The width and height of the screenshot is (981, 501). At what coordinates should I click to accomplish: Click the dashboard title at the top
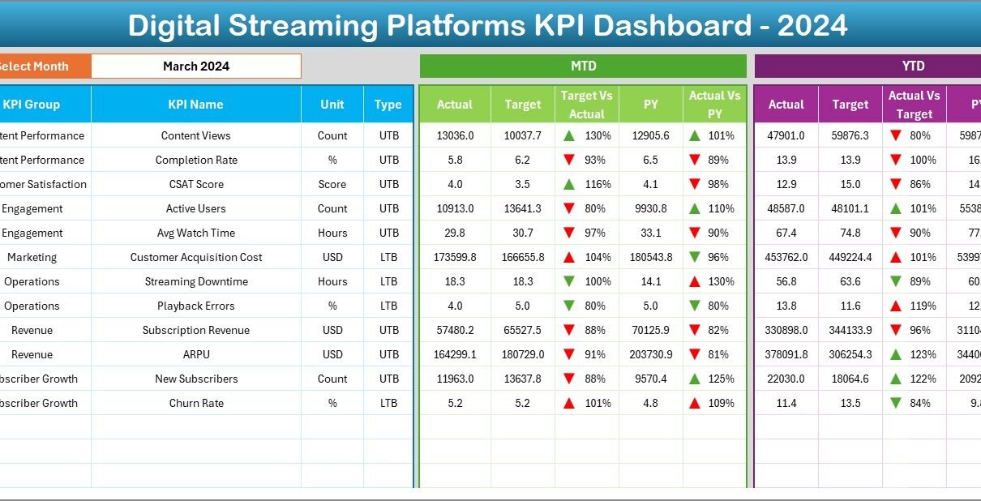pyautogui.click(x=487, y=25)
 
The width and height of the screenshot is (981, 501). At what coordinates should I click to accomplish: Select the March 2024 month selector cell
pyautogui.click(x=195, y=66)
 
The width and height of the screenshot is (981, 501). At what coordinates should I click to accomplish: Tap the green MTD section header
pyautogui.click(x=583, y=66)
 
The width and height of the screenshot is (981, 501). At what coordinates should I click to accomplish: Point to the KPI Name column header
pyautogui.click(x=195, y=105)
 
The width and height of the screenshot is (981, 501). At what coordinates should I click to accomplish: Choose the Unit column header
pyautogui.click(x=332, y=105)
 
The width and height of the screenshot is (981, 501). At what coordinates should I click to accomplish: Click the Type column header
pyautogui.click(x=388, y=105)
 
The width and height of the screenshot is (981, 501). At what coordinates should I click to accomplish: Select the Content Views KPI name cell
pyautogui.click(x=195, y=135)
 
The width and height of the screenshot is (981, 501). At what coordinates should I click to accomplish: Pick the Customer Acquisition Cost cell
pyautogui.click(x=195, y=257)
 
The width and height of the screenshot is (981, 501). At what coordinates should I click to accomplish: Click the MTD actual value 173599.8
pyautogui.click(x=455, y=257)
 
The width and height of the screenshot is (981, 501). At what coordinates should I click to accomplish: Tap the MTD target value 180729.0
pyautogui.click(x=522, y=354)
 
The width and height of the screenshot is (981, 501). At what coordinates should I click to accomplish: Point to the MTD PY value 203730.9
pyautogui.click(x=650, y=354)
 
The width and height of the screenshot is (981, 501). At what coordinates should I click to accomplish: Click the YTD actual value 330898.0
pyautogui.click(x=786, y=330)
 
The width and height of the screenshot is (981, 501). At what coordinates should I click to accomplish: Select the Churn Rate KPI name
pyautogui.click(x=195, y=403)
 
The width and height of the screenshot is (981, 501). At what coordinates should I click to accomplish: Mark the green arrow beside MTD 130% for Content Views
pyautogui.click(x=570, y=135)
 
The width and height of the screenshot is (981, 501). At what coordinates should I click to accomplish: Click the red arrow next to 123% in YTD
pyautogui.click(x=895, y=354)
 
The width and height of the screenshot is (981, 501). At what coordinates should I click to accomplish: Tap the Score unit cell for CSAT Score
pyautogui.click(x=332, y=184)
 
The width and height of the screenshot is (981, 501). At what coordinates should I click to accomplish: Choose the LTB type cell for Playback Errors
pyautogui.click(x=388, y=306)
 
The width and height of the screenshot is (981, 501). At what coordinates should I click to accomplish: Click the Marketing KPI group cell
pyautogui.click(x=32, y=257)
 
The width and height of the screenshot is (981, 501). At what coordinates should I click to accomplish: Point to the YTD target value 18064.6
pyautogui.click(x=850, y=379)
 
